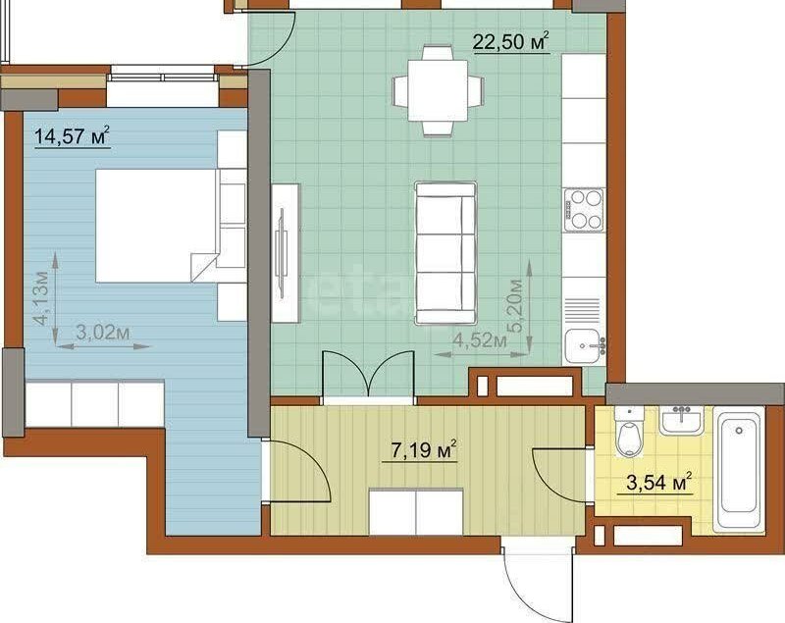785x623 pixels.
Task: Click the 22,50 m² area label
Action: (x=511, y=41)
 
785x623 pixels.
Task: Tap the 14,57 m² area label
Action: (x=72, y=135)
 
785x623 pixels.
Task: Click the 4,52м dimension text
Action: (x=480, y=340)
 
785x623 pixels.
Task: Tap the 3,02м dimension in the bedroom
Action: (x=103, y=332)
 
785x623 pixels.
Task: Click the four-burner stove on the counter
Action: (x=584, y=210)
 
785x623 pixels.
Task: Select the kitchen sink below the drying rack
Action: (x=584, y=344)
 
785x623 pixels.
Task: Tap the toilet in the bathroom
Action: (x=629, y=432)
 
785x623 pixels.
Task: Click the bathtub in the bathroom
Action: (x=739, y=469)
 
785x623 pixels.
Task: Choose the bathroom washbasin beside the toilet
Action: (x=681, y=420)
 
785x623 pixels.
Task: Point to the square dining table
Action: (x=438, y=90)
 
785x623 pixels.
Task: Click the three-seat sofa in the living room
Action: (x=445, y=253)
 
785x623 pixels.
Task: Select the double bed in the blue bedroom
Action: (x=157, y=226)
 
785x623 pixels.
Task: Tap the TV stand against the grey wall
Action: (x=286, y=253)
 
